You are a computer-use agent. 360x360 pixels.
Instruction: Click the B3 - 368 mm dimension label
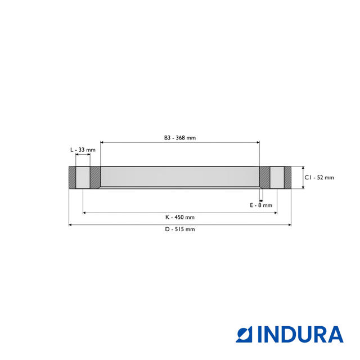(180, 138)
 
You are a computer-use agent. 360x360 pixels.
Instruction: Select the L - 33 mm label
(83, 150)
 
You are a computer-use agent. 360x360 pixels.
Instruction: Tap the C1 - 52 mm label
(319, 178)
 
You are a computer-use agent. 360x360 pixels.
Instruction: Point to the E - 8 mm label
(261, 205)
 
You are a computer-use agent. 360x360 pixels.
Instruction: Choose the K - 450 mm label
(180, 217)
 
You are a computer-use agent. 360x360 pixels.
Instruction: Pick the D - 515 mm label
(180, 229)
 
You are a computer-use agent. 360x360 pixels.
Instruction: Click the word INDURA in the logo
(300, 334)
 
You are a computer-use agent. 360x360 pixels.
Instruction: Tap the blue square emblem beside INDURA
(244, 334)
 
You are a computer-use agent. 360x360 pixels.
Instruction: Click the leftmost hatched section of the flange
(73, 178)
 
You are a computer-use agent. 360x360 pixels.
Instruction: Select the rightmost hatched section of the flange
(287, 178)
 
